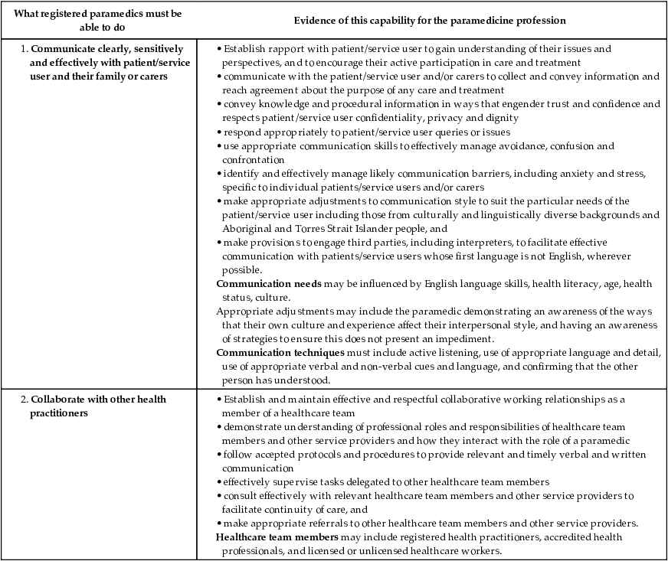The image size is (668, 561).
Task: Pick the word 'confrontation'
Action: [x=253, y=160]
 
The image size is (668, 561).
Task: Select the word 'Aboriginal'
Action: [x=247, y=229]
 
